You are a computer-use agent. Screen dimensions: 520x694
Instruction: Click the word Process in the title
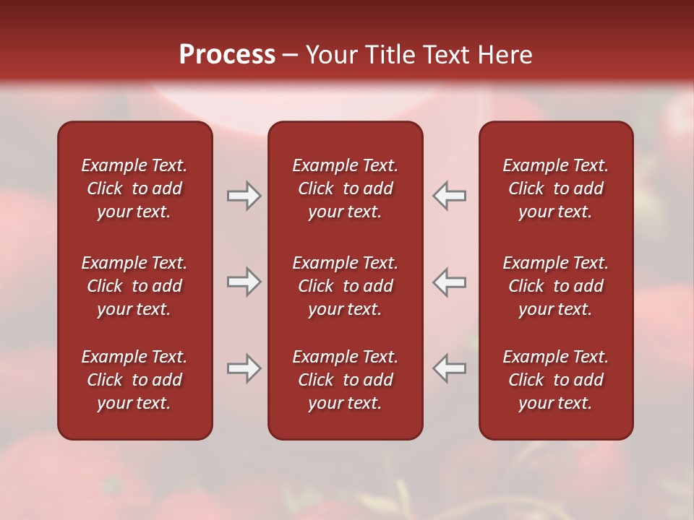[x=227, y=55]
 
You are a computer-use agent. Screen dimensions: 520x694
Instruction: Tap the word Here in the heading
[x=505, y=55]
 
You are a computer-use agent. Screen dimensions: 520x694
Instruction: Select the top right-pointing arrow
[x=244, y=196]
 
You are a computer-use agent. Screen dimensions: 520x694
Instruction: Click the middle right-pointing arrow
[x=244, y=282]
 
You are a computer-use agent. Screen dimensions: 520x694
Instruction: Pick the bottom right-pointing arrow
[x=244, y=368]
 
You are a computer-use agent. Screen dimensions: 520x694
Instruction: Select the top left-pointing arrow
[x=450, y=196]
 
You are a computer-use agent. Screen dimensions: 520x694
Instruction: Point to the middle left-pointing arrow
[x=450, y=282]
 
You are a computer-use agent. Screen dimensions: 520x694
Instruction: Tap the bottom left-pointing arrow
[x=450, y=368]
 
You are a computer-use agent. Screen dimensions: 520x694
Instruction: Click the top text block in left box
[x=134, y=188]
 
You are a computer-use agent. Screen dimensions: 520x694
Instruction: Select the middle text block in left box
[x=134, y=286]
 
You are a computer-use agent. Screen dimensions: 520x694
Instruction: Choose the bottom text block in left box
[x=134, y=380]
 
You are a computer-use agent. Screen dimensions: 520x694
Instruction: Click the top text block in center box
[x=345, y=188]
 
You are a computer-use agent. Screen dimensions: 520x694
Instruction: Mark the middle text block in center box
[x=345, y=286]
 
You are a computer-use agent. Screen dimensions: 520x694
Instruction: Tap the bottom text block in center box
[x=345, y=380]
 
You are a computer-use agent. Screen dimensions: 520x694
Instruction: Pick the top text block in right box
[x=555, y=188]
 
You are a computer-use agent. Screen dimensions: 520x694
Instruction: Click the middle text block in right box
[x=555, y=286]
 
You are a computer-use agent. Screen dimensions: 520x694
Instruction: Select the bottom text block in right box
[x=555, y=380]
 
